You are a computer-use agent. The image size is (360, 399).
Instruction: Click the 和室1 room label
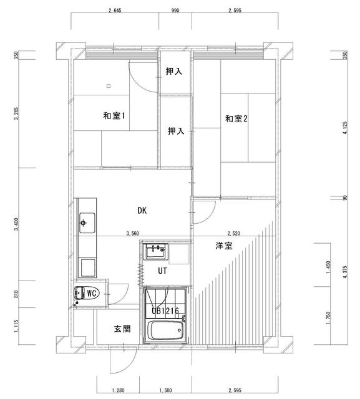click(x=114, y=116)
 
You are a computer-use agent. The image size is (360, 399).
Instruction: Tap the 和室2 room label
click(x=236, y=118)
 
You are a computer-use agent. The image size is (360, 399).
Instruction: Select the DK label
click(x=142, y=211)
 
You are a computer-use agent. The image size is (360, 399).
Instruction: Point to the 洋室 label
click(x=224, y=246)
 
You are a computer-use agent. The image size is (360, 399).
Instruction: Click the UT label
click(x=162, y=271)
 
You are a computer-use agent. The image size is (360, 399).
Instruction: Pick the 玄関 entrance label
click(x=122, y=329)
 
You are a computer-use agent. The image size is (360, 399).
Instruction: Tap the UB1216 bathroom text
click(x=165, y=310)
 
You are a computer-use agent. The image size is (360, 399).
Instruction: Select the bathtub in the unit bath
click(x=165, y=330)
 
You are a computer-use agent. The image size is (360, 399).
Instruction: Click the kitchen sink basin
click(x=87, y=223)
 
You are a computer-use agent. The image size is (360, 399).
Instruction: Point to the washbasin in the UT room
click(x=155, y=251)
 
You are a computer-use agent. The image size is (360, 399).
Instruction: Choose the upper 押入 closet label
click(x=174, y=71)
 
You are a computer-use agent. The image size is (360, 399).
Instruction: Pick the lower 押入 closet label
click(x=176, y=131)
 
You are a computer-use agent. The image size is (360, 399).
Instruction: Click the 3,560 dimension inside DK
click(x=133, y=233)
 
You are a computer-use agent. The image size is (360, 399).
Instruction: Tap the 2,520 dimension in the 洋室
click(x=234, y=233)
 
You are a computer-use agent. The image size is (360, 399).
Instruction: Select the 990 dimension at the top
click(x=175, y=11)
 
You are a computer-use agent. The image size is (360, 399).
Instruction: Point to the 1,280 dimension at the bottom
click(x=118, y=390)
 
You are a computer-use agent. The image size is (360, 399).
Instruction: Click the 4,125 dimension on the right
click(x=345, y=128)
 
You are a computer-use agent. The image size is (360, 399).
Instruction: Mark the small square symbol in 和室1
click(x=109, y=86)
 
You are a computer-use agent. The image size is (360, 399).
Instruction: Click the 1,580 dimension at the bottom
click(x=165, y=390)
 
